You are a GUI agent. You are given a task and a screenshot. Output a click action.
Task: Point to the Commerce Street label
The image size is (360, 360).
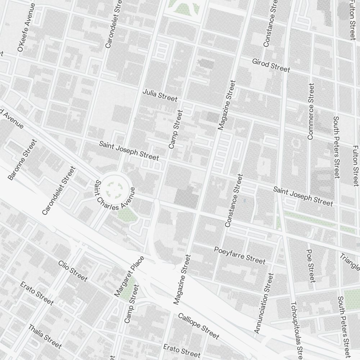coord(311,111)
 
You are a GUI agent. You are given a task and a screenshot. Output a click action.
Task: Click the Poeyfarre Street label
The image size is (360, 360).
coord(239,255)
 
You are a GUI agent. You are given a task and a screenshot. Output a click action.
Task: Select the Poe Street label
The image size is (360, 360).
coord(311,265)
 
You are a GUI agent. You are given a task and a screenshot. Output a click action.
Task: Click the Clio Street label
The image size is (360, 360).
coord(73,270)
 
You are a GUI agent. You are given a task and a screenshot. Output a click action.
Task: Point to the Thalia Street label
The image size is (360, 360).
coord(45,336)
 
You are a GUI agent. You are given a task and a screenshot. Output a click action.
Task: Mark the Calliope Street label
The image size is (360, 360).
coord(198,326)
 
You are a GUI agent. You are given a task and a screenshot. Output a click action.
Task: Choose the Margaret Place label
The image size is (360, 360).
coord(129,276)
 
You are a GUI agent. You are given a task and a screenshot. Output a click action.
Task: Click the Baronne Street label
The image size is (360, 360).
coord(22,160)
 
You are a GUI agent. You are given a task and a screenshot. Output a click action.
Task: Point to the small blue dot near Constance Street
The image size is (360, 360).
coord(244,200)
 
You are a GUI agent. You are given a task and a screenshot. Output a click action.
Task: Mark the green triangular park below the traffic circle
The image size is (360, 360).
coord(126,215)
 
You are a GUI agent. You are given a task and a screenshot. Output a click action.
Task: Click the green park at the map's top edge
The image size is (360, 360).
coord(186,7)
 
